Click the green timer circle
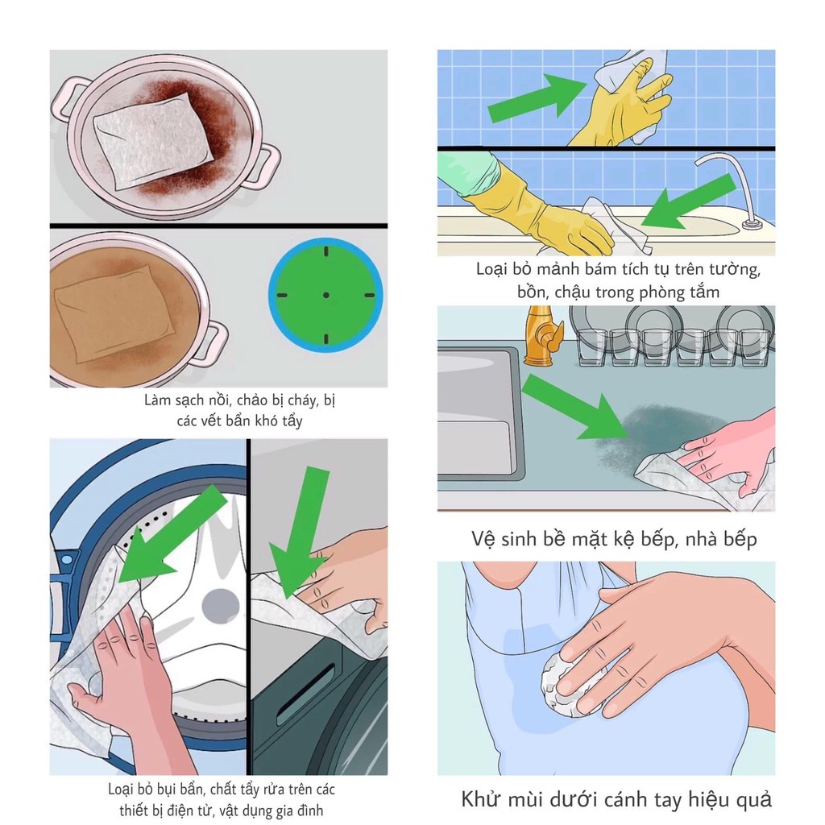(x=325, y=295)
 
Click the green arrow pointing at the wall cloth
(x=537, y=98)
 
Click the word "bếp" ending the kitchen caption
(x=740, y=540)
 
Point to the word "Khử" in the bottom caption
(x=480, y=799)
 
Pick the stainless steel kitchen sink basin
(x=476, y=410)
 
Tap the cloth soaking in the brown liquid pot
(x=113, y=314)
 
